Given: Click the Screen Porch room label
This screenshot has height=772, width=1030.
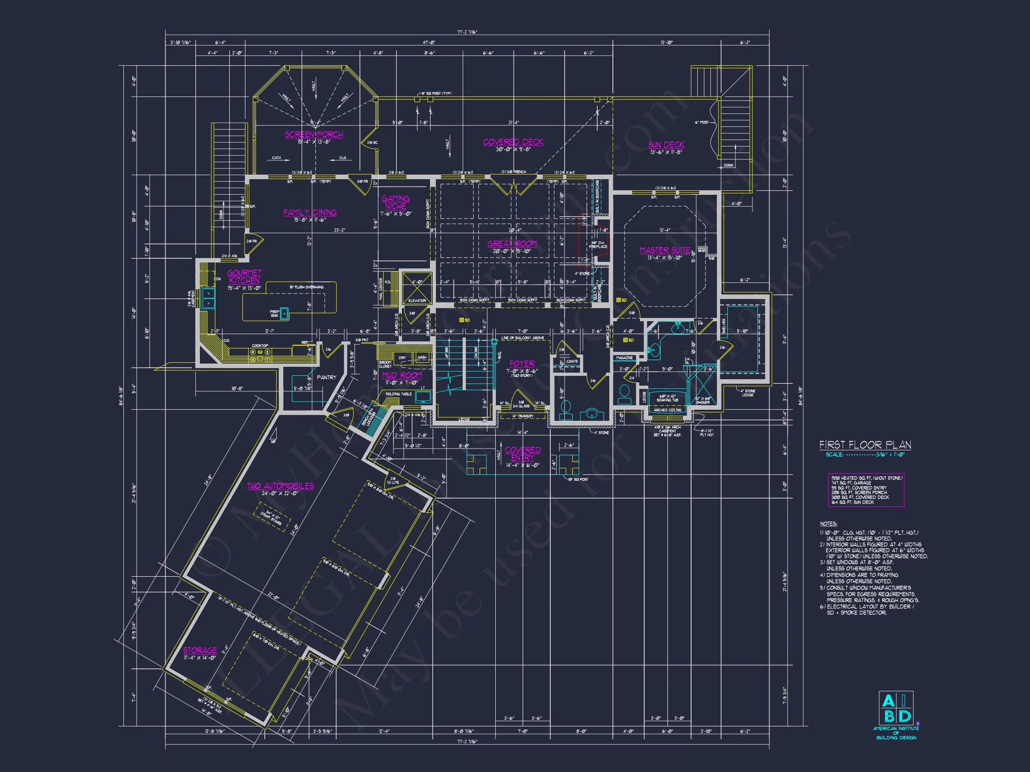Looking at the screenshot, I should click(314, 134).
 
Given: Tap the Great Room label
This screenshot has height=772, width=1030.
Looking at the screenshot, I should click(512, 244).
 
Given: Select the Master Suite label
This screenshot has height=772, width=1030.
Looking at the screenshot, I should click(664, 250).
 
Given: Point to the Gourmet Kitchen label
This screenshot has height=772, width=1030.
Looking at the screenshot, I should click(245, 277).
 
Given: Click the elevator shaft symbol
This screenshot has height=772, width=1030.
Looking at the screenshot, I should click(417, 285).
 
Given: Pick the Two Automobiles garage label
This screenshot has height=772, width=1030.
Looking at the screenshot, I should click(280, 486).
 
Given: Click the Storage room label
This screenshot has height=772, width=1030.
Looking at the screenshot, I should click(200, 650).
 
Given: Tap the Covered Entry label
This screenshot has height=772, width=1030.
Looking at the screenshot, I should click(523, 454).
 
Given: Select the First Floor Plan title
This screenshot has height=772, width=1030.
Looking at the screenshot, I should click(865, 445).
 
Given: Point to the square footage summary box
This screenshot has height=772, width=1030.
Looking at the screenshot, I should click(865, 490).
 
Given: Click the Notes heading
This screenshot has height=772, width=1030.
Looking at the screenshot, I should click(828, 524).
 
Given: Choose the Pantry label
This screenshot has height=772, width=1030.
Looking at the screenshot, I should click(326, 378).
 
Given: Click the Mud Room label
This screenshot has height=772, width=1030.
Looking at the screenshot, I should click(402, 375).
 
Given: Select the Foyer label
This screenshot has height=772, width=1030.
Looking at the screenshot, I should click(522, 363).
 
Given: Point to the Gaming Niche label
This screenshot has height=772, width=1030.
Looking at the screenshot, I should click(396, 202).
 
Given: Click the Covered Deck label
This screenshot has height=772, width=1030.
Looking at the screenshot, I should click(513, 142).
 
